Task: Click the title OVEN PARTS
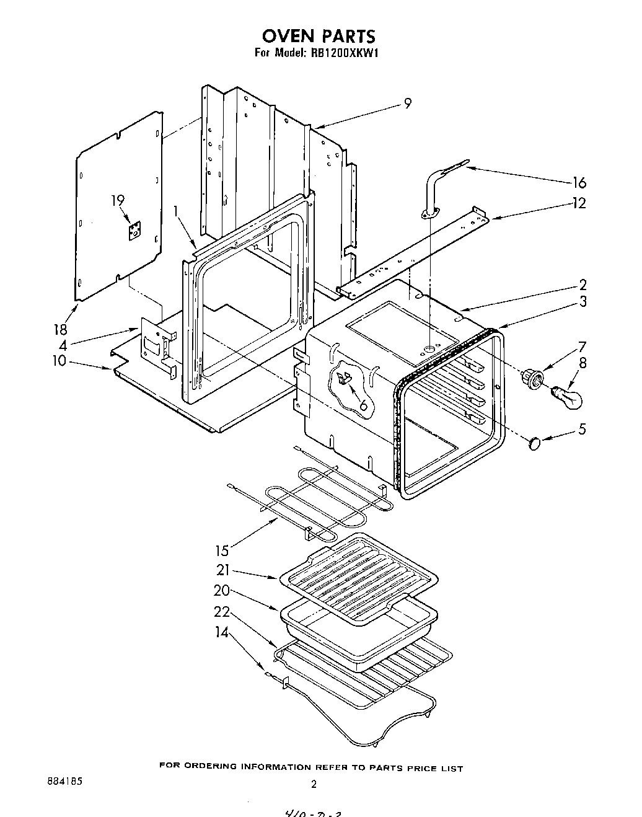point(317,35)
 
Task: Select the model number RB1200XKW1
point(341,53)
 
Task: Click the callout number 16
point(579,182)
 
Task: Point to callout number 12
point(579,203)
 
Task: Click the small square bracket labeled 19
point(134,231)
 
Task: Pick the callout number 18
point(59,329)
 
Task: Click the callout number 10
point(59,360)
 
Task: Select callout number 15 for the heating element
point(222,549)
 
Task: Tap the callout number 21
point(223,570)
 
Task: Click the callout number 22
point(222,611)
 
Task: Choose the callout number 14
point(222,632)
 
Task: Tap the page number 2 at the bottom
point(314,785)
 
